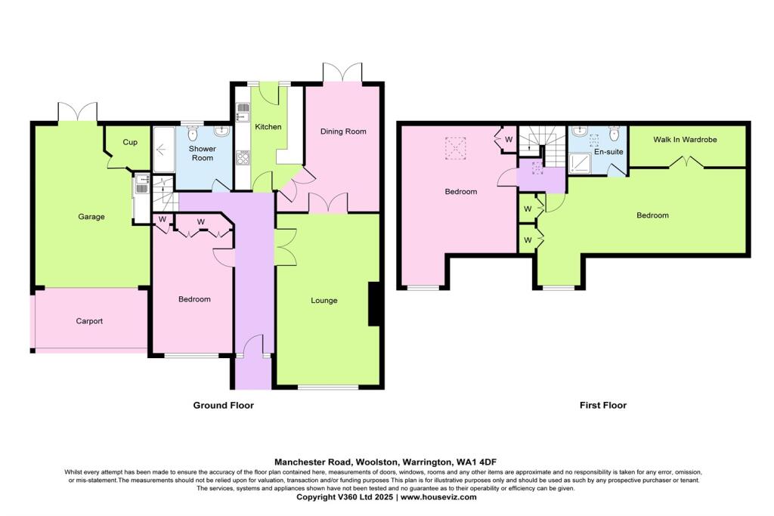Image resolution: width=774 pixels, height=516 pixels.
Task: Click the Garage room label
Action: click(91, 217)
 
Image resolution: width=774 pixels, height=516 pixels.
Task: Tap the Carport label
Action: click(89, 321)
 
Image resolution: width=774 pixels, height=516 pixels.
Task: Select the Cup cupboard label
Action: click(130, 142)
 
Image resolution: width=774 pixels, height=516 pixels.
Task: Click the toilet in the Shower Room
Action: click(193, 134)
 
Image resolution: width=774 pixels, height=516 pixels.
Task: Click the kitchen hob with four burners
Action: click(243, 159)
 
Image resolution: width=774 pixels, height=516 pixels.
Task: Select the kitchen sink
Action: click(243, 113)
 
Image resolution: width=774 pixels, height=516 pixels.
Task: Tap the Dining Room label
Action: click(343, 131)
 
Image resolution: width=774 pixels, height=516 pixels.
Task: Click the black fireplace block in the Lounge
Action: click(373, 302)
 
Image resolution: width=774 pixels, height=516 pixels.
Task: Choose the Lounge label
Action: click(324, 301)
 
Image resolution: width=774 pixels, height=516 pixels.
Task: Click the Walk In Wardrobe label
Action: click(686, 140)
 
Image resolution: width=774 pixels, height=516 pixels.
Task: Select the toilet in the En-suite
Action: click(614, 134)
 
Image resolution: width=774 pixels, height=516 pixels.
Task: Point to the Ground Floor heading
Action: click(223, 406)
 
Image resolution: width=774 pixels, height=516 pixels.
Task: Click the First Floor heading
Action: click(602, 406)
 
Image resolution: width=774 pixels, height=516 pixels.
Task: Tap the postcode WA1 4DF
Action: click(476, 462)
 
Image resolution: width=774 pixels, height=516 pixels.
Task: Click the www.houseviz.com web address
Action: click(438, 497)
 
